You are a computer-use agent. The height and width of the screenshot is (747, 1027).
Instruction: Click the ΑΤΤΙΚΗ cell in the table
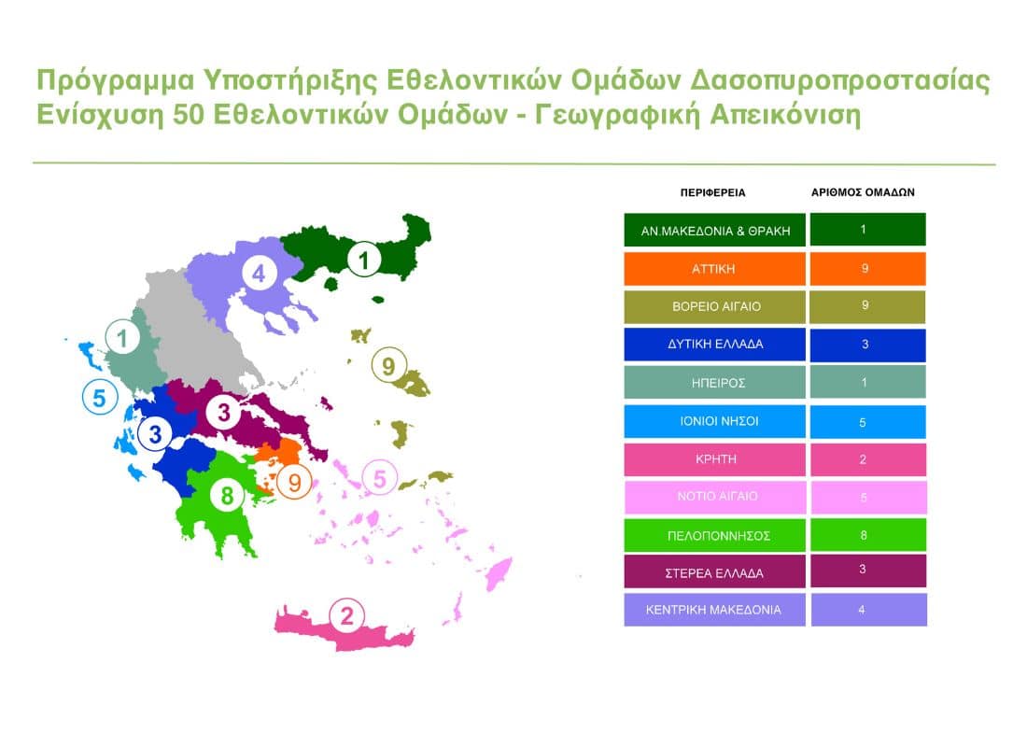click(x=714, y=269)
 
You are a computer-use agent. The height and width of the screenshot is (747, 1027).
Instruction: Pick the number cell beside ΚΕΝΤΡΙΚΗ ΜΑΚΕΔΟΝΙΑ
click(x=868, y=610)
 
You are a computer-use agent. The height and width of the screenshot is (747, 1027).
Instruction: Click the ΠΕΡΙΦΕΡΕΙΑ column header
click(x=712, y=192)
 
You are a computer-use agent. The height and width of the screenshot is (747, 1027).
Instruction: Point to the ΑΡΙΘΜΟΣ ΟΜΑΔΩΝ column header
click(x=863, y=192)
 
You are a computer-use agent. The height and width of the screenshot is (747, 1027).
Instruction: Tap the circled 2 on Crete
click(x=346, y=616)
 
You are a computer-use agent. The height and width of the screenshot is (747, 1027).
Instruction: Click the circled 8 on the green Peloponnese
click(x=227, y=496)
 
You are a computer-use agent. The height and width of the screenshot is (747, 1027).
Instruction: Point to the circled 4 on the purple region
click(x=259, y=274)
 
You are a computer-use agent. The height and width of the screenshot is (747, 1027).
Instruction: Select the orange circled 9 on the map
click(x=295, y=483)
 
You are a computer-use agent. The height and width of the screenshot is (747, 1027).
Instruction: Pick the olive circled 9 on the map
click(x=389, y=365)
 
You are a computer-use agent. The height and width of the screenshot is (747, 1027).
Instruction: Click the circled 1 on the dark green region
click(x=364, y=260)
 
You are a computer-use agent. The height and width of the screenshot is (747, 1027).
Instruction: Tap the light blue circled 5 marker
click(x=100, y=397)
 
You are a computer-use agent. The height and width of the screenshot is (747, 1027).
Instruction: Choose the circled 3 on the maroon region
click(x=224, y=413)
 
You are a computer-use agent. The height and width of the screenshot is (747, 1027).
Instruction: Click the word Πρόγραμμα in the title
click(x=115, y=81)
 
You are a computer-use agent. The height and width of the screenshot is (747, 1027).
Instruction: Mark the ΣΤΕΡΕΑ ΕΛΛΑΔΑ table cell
click(x=714, y=572)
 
